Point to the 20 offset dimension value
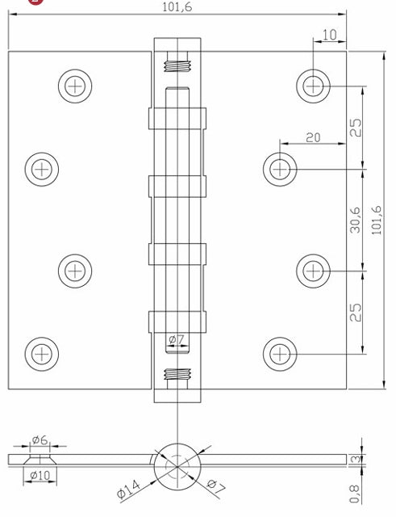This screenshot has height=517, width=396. tap(313, 137)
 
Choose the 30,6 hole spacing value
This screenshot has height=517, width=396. tap(355, 219)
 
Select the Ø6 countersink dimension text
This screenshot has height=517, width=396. tap(40, 440)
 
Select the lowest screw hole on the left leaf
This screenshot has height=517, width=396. tap(41, 351)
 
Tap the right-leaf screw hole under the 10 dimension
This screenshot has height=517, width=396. tap(312, 83)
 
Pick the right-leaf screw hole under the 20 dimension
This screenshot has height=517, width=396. tap(280, 168)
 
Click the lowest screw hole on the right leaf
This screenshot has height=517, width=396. tap(280, 352)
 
